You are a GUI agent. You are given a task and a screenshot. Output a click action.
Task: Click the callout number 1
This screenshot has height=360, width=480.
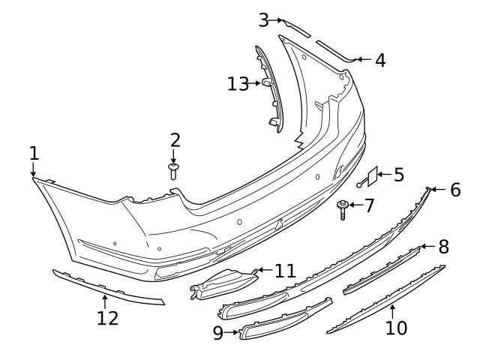point(34,154)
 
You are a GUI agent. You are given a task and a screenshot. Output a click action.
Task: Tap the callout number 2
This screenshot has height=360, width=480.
point(175,140)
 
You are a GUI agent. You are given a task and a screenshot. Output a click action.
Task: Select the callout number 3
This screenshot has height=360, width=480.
point(264,20)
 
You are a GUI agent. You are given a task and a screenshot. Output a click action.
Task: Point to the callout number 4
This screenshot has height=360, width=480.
point(380,60)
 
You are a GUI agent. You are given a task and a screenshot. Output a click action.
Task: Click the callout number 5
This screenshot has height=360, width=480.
point(398,175)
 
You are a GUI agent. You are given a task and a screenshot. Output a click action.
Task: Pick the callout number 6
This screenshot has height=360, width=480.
point(455,190)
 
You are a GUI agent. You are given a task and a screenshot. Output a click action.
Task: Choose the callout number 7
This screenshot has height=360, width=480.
point(369,205)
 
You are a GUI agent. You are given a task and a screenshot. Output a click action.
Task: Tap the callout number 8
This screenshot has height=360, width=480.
point(443,245)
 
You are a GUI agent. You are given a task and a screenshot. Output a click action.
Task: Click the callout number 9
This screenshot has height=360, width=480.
point(218,332)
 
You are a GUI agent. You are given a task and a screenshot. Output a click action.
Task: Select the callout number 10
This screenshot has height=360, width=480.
point(395,327)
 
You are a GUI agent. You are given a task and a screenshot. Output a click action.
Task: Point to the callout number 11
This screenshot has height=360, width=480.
point(285,270)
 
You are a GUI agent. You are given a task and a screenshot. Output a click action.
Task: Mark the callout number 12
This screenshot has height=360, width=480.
point(107,318)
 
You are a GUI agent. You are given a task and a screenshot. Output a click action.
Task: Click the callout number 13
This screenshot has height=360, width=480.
point(238,83)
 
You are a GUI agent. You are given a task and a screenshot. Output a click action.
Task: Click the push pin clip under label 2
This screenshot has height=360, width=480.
point(174,171)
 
